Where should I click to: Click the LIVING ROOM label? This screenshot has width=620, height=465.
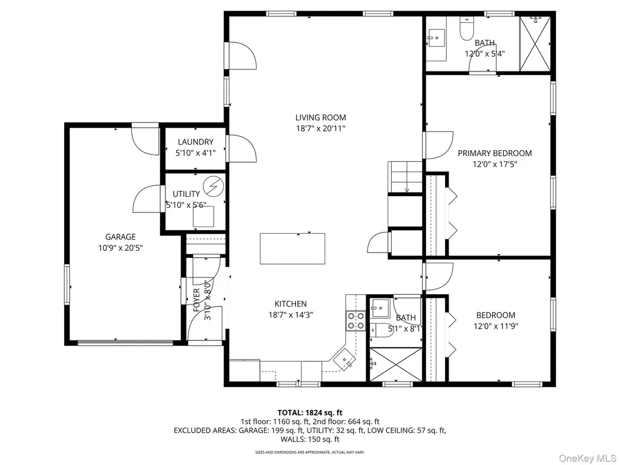click(x=321, y=117)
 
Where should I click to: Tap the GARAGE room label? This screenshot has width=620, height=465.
click(x=120, y=237)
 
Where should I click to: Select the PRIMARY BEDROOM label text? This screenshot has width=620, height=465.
click(x=495, y=153)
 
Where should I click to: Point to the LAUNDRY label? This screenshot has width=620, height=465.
click(x=196, y=142)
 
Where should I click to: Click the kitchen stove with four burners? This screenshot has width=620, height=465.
click(x=355, y=321)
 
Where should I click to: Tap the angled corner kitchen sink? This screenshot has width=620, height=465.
click(x=345, y=359)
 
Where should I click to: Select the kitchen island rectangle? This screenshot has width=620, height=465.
click(x=292, y=249)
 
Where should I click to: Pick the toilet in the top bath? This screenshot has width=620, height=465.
click(x=467, y=28)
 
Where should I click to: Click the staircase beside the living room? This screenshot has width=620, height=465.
click(x=405, y=177)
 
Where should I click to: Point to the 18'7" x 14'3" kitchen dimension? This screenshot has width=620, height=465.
click(x=291, y=315)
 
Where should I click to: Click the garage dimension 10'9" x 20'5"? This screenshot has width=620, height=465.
click(x=120, y=248)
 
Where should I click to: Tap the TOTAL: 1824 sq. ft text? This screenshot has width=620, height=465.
click(x=309, y=413)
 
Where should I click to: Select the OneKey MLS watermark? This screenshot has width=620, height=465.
click(x=587, y=458)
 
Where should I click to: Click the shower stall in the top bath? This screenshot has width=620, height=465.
click(x=535, y=44)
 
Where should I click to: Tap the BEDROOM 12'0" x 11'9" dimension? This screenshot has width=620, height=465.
click(x=496, y=326)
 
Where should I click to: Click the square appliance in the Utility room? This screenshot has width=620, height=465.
click(x=203, y=216)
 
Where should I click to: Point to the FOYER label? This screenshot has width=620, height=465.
click(x=197, y=300)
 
